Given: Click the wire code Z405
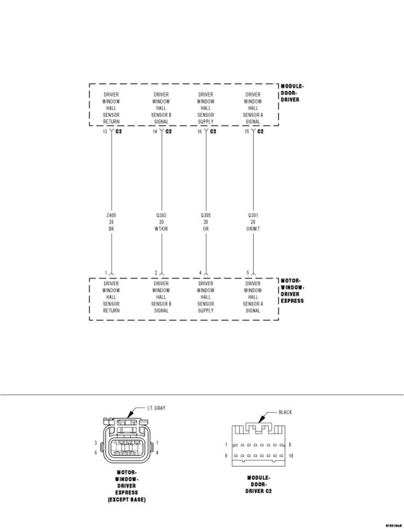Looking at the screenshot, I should pos(112,215).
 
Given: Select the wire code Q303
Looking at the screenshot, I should pos(161,215).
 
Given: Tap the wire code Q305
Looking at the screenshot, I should pos(206,215).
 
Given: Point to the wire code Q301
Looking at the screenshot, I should pos(253,215).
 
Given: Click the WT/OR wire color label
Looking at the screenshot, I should pos(161,229).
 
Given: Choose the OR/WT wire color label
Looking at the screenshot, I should pos(253,229).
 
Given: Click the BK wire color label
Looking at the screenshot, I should pos(112,229).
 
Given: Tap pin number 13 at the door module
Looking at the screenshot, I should pos(105,132).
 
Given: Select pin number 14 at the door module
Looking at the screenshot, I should pos(155,132).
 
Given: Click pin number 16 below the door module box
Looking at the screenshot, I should pos(199,132).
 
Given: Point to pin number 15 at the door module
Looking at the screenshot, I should pos(247,132).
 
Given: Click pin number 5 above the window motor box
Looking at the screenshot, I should pos(248,273).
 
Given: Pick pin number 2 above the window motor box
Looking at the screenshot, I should pos(156,273).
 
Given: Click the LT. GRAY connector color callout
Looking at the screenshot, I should pos(156,408).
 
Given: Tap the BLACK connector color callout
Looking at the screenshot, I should pos(285,412).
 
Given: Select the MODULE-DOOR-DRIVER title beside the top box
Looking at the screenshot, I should pos(291,93).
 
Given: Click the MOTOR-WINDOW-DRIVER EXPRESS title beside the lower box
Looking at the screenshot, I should pos(292,291).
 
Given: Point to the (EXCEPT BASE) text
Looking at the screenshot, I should pos(126,500).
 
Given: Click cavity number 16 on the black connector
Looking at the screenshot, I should pos(291,456).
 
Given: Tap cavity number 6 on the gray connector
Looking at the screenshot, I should pos(96,452).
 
